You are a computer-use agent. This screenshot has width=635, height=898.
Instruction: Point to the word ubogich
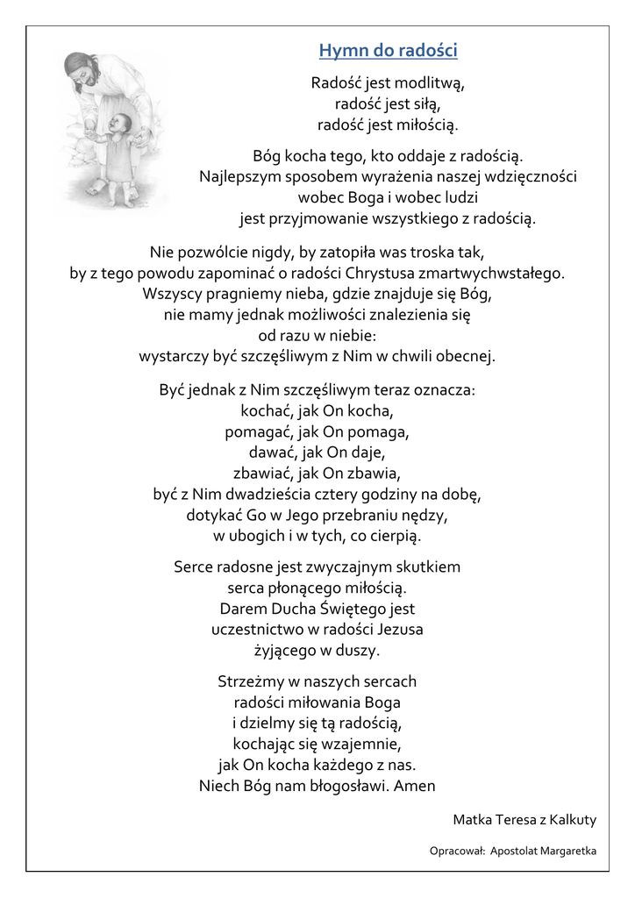coord(262,536)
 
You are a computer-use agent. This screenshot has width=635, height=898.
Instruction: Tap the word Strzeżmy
coord(249,681)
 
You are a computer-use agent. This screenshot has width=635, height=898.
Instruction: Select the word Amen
coord(415,786)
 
